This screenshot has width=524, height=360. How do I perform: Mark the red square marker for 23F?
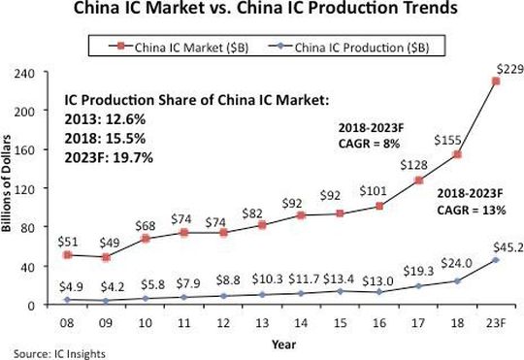(497, 82)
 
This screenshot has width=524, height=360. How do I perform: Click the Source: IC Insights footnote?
(56, 352)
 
